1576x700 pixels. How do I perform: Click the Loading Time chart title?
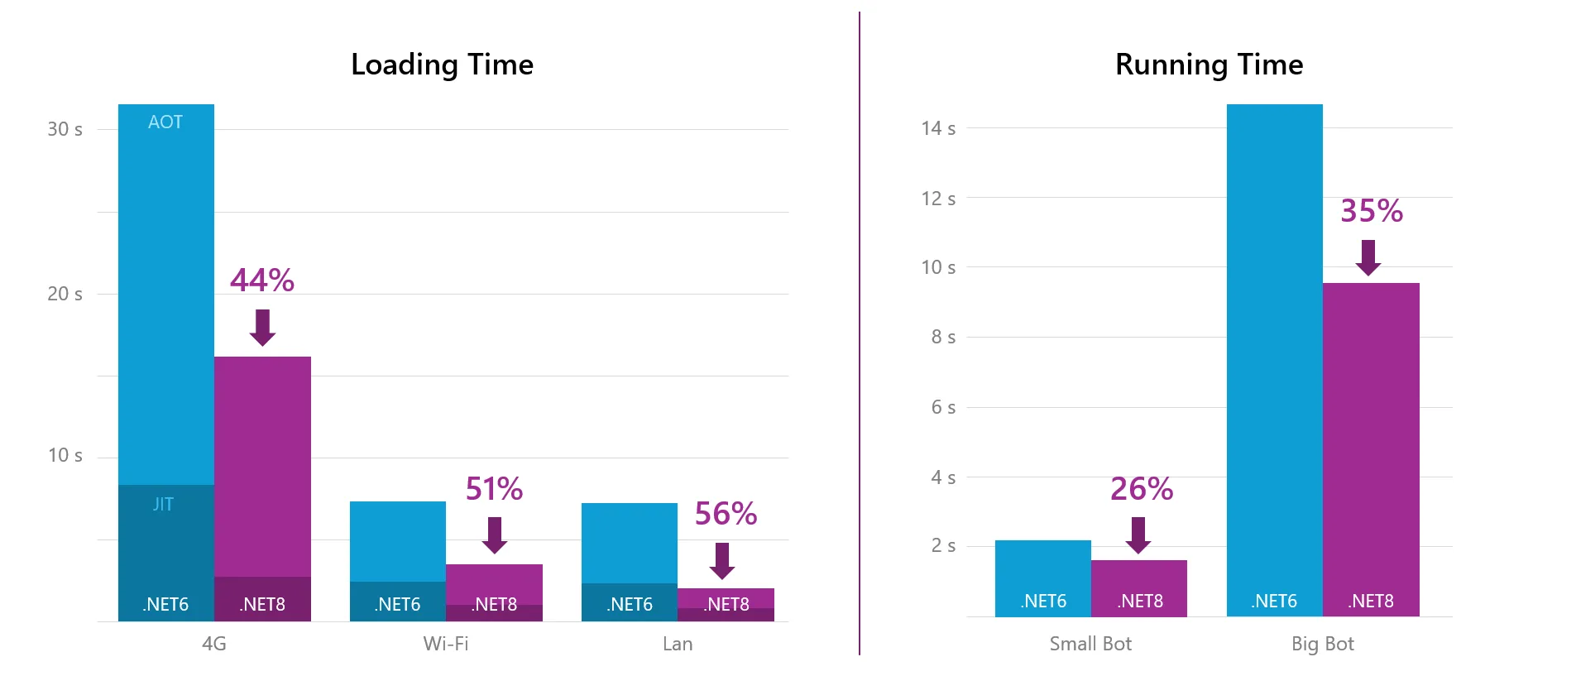coord(442,65)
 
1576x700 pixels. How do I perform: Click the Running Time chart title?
coord(1209,65)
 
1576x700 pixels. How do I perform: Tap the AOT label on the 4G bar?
coord(165,122)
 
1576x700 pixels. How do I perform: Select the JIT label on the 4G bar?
coord(163,504)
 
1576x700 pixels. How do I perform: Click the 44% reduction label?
coord(262,280)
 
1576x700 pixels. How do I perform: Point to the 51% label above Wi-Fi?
coord(494,489)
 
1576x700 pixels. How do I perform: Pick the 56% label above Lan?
coord(726,514)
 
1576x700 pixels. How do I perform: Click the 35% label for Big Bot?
coord(1372,211)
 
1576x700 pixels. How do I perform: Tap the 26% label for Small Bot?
coord(1142,489)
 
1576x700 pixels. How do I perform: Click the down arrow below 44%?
coord(262,328)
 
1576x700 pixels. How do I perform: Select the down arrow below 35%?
coord(1368,257)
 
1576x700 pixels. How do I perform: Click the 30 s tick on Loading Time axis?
coord(65,129)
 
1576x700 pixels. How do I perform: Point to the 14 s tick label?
coord(938,128)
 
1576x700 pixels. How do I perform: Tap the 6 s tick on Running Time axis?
coord(943,407)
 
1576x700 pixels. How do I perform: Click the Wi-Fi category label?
coord(446,644)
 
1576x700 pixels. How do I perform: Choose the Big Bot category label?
coord(1322,644)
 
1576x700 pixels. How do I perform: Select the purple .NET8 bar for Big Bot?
coord(1371,447)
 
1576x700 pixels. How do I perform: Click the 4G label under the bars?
coord(214,644)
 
